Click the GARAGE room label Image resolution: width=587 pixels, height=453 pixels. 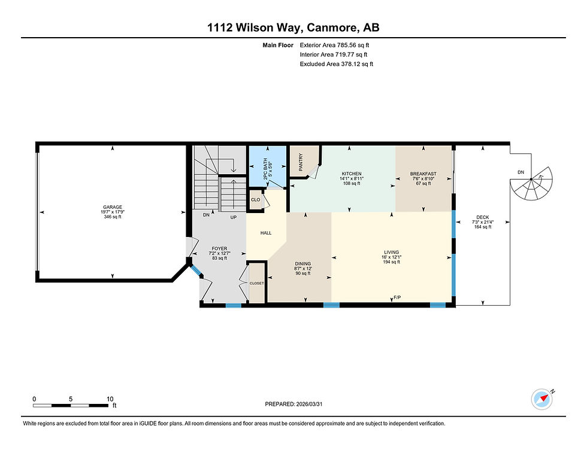pyautogui.click(x=113, y=207)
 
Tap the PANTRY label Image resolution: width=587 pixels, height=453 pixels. pyautogui.click(x=301, y=162)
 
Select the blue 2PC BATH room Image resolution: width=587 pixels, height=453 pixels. pyautogui.click(x=268, y=166)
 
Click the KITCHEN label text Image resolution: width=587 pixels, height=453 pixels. pyautogui.click(x=352, y=174)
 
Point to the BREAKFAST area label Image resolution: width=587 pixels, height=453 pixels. pyautogui.click(x=423, y=174)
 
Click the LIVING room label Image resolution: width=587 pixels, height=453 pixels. pyautogui.click(x=391, y=252)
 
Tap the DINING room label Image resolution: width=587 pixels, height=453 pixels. pyautogui.click(x=302, y=264)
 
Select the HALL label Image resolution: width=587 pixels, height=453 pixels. pyautogui.click(x=266, y=233)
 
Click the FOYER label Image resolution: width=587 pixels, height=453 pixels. pyautogui.click(x=219, y=248)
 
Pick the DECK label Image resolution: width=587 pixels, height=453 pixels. pyautogui.click(x=483, y=217)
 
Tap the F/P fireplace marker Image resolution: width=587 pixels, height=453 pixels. pyautogui.click(x=397, y=298)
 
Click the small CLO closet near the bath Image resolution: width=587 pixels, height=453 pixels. pyautogui.click(x=256, y=200)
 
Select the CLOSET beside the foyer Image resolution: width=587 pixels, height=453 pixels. pyautogui.click(x=256, y=283)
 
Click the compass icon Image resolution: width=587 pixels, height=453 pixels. pyautogui.click(x=541, y=400)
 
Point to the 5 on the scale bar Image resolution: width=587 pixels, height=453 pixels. pyautogui.click(x=71, y=399)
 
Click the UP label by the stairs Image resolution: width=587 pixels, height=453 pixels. pyautogui.click(x=233, y=217)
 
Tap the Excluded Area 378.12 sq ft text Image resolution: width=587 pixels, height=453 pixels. pyautogui.click(x=336, y=64)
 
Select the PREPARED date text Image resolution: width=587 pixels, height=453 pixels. pyautogui.click(x=293, y=404)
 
